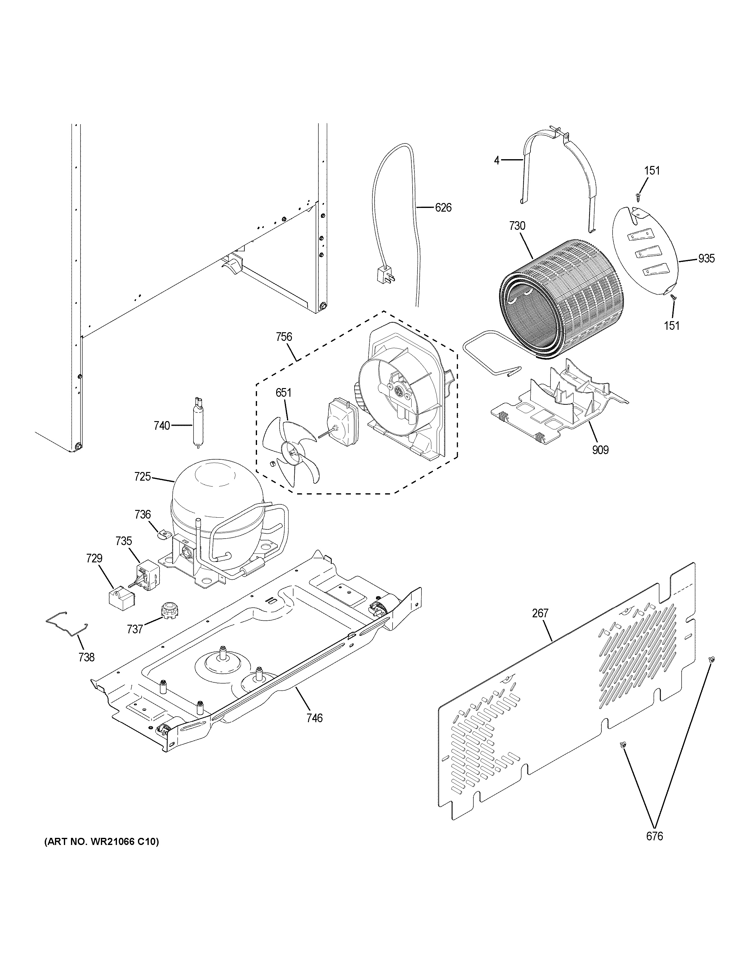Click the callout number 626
click(x=443, y=208)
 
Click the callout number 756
click(x=284, y=337)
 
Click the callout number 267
click(x=540, y=613)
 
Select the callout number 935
click(x=706, y=258)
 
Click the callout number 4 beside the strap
click(x=496, y=160)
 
